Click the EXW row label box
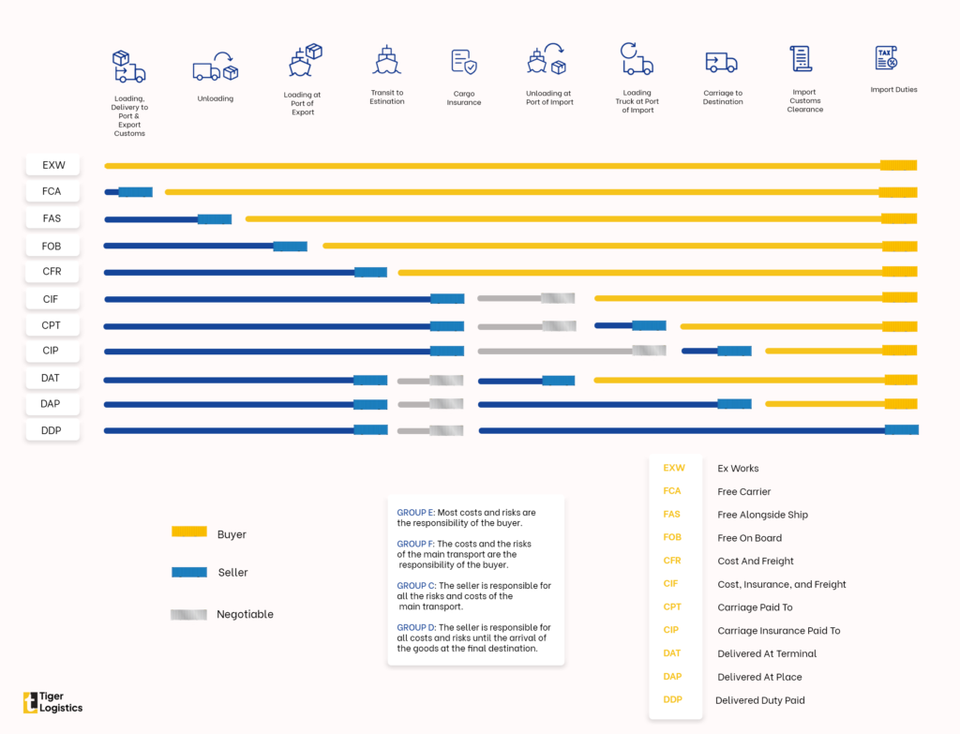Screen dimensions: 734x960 (52, 165)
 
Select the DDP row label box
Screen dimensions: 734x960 (52, 430)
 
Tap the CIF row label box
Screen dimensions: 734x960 (52, 299)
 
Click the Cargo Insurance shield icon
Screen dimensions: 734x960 (463, 62)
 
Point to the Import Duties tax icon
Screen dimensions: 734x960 (886, 58)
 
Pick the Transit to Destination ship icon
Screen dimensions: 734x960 (386, 60)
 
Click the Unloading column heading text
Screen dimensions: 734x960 (216, 98)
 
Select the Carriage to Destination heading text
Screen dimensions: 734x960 (723, 97)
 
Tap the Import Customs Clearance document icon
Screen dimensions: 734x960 (801, 58)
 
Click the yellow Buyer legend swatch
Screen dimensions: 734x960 (189, 532)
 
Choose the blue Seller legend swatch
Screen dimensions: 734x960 (189, 571)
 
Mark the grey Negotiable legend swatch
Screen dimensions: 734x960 (188, 614)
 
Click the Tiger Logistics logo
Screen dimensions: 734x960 (52, 702)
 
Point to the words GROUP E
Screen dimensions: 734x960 (415, 513)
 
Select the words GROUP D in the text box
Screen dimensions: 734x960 (415, 627)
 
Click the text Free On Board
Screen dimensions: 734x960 (749, 538)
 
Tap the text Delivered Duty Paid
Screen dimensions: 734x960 (759, 700)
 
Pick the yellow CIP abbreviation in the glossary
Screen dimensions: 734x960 (671, 630)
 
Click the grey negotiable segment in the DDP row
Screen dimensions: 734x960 (429, 430)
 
